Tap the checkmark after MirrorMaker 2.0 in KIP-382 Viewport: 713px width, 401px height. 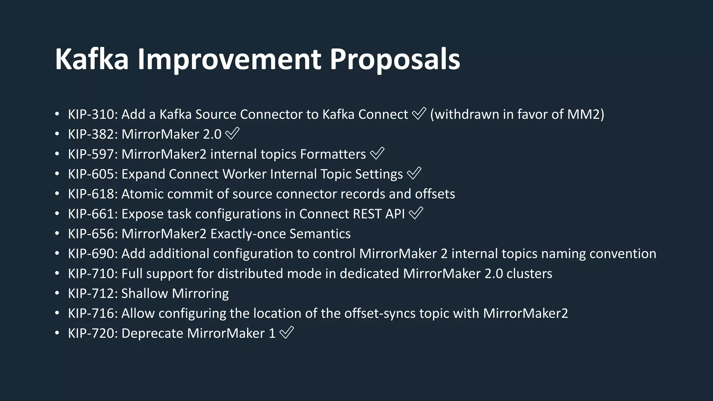tap(233, 134)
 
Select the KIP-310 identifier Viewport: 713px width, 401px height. tap(93, 115)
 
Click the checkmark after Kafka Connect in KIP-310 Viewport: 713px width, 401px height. tap(419, 113)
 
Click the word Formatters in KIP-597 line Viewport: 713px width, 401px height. tap(333, 154)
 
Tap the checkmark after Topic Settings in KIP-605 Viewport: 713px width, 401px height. tap(414, 173)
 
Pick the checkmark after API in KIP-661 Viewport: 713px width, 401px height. tap(416, 213)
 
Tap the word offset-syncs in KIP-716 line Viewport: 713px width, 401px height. tap(380, 313)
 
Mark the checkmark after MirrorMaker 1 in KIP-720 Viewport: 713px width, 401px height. tap(287, 332)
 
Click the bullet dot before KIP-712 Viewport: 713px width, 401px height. tap(57, 293)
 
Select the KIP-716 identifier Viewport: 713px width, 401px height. tap(93, 313)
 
